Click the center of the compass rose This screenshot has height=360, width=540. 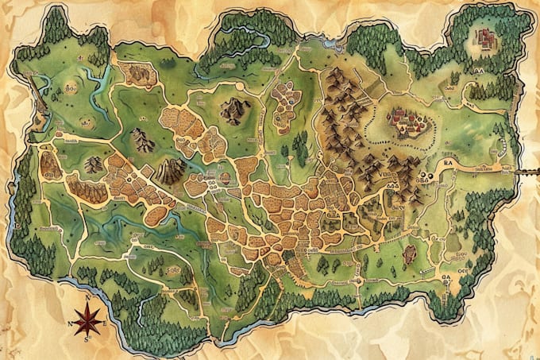pos(89,322)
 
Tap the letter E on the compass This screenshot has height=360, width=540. pos(105,322)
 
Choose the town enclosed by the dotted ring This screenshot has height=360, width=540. pos(407,121)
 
